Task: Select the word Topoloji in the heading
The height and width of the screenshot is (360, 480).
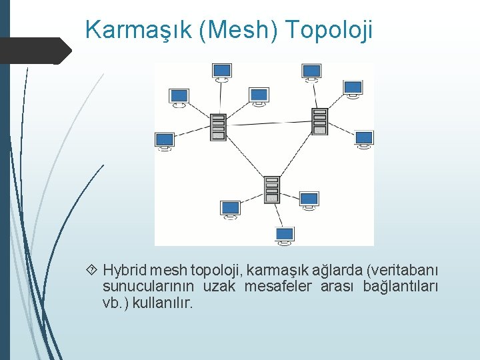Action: pyautogui.click(x=328, y=30)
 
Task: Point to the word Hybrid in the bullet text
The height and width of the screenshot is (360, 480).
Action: pyautogui.click(x=125, y=270)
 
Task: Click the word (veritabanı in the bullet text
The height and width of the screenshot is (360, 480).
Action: pyautogui.click(x=403, y=270)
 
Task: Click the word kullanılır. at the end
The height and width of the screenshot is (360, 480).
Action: pyautogui.click(x=163, y=303)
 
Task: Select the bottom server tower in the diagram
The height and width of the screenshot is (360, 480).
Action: pyautogui.click(x=271, y=189)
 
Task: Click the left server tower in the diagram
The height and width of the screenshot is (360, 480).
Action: pyautogui.click(x=218, y=127)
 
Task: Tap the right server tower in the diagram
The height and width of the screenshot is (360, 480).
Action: pyautogui.click(x=319, y=121)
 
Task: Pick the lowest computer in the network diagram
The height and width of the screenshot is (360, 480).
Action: pyautogui.click(x=285, y=235)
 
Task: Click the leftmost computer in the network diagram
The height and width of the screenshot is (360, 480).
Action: pyautogui.click(x=164, y=141)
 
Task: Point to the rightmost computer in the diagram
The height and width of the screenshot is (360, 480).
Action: pyautogui.click(x=363, y=139)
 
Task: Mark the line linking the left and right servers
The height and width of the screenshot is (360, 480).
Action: pyautogui.click(x=269, y=123)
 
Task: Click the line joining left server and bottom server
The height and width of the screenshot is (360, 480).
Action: pyautogui.click(x=245, y=158)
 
